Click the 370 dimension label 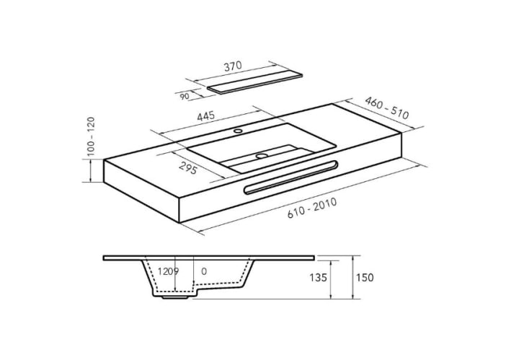coord(233,66)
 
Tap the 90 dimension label coord(185,97)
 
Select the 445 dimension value coord(206,116)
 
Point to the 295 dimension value coord(188,167)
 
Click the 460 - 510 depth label coord(387,108)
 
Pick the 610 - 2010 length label coord(312,208)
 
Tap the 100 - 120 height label coord(90,136)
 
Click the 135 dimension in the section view coord(318,278)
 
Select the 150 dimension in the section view coord(365,278)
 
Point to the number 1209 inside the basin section coord(168,271)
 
